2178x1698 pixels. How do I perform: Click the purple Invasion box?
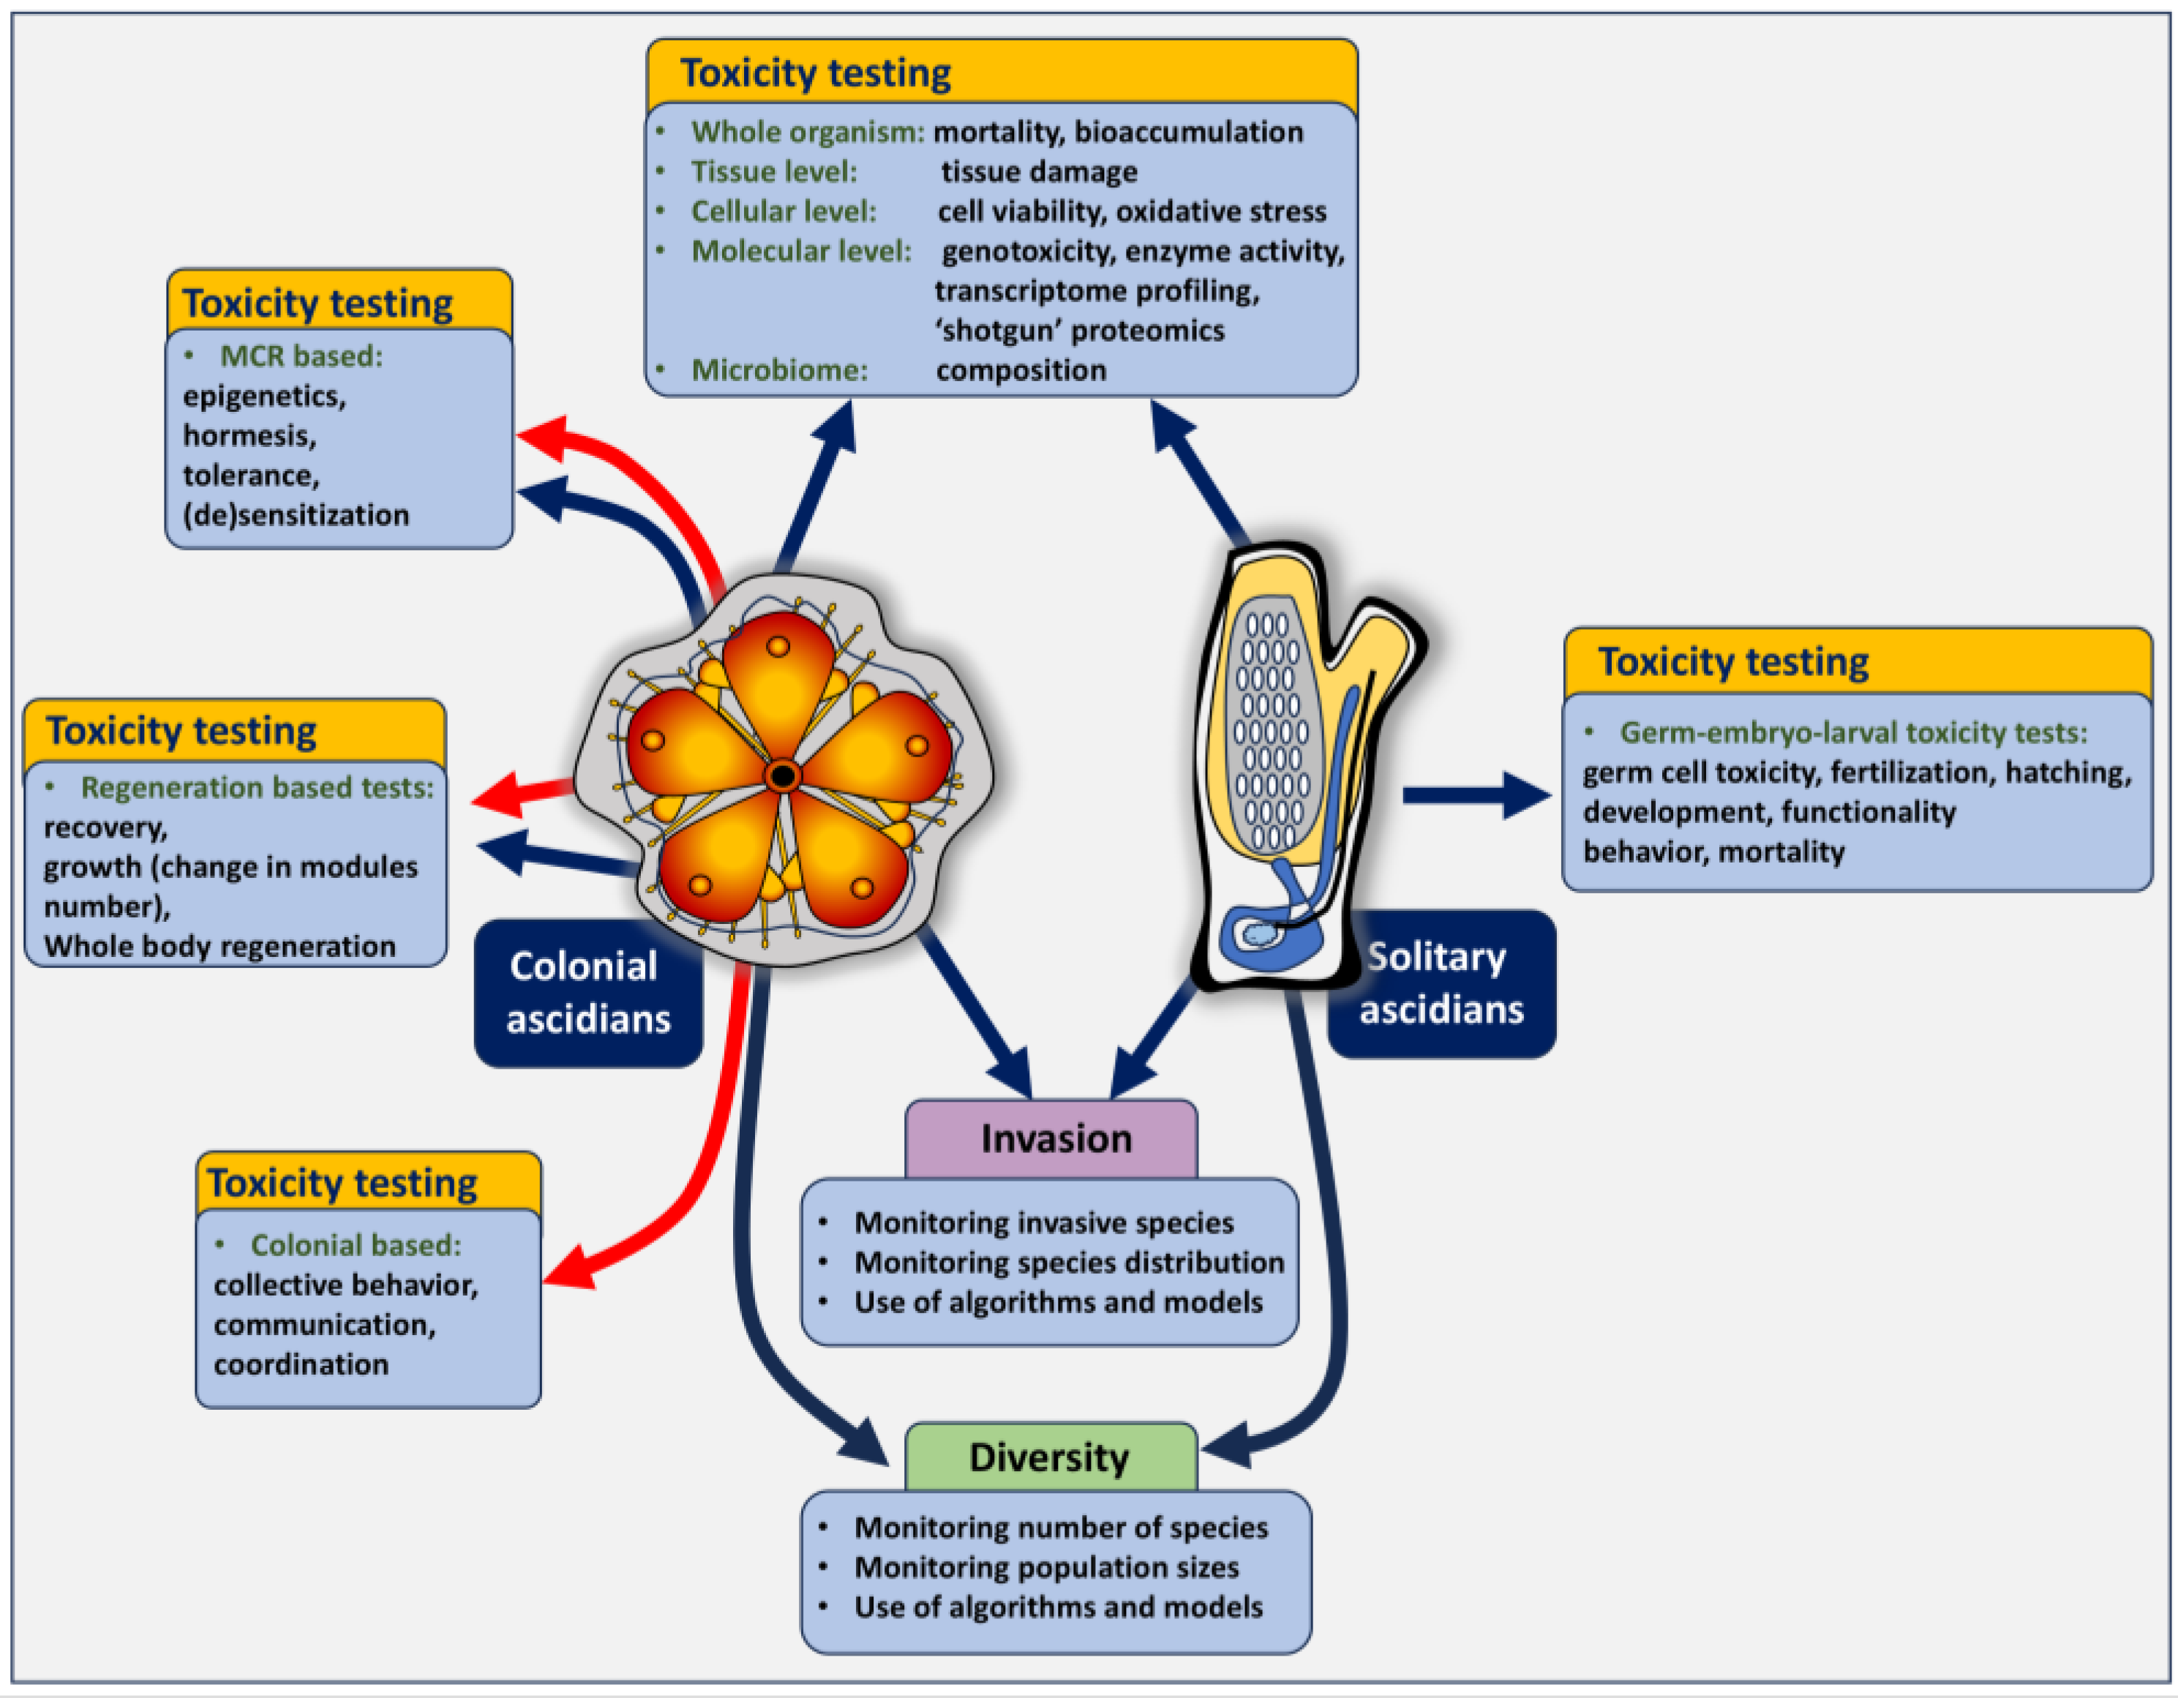[1053, 1138]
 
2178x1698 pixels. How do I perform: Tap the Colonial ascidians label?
[587, 992]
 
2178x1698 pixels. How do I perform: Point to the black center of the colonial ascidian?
[783, 775]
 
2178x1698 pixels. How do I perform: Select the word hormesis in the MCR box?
[249, 436]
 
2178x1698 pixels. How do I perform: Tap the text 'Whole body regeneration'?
[219, 945]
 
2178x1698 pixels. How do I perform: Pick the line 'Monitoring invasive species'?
[1043, 1222]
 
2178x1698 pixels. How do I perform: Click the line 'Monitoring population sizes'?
[1046, 1566]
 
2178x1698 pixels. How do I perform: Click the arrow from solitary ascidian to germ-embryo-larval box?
[1476, 794]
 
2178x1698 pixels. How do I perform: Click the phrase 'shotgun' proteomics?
[1079, 330]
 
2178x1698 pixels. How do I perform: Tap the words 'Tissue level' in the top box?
[774, 171]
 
